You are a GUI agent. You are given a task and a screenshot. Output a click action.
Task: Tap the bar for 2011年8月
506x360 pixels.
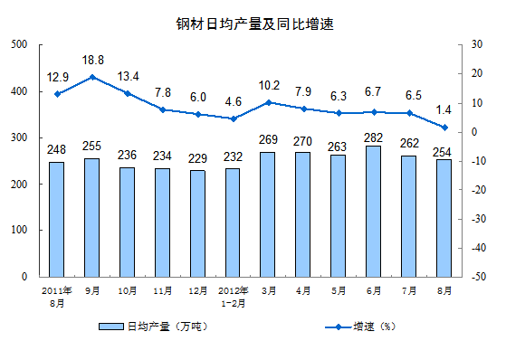point(57,219)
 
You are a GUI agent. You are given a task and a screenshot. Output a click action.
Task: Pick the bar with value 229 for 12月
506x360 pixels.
point(198,223)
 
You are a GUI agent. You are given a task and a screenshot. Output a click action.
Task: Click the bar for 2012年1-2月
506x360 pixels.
point(234,223)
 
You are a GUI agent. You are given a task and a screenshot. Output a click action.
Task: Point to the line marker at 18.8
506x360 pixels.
point(92,77)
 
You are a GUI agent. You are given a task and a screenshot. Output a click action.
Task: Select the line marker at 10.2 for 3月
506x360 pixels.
point(269,102)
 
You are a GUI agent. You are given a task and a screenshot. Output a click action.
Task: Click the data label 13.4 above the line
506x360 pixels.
point(128,75)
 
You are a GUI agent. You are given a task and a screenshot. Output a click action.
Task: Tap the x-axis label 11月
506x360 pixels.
point(163,291)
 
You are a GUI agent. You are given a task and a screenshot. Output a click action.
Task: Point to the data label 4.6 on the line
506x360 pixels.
point(234,102)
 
